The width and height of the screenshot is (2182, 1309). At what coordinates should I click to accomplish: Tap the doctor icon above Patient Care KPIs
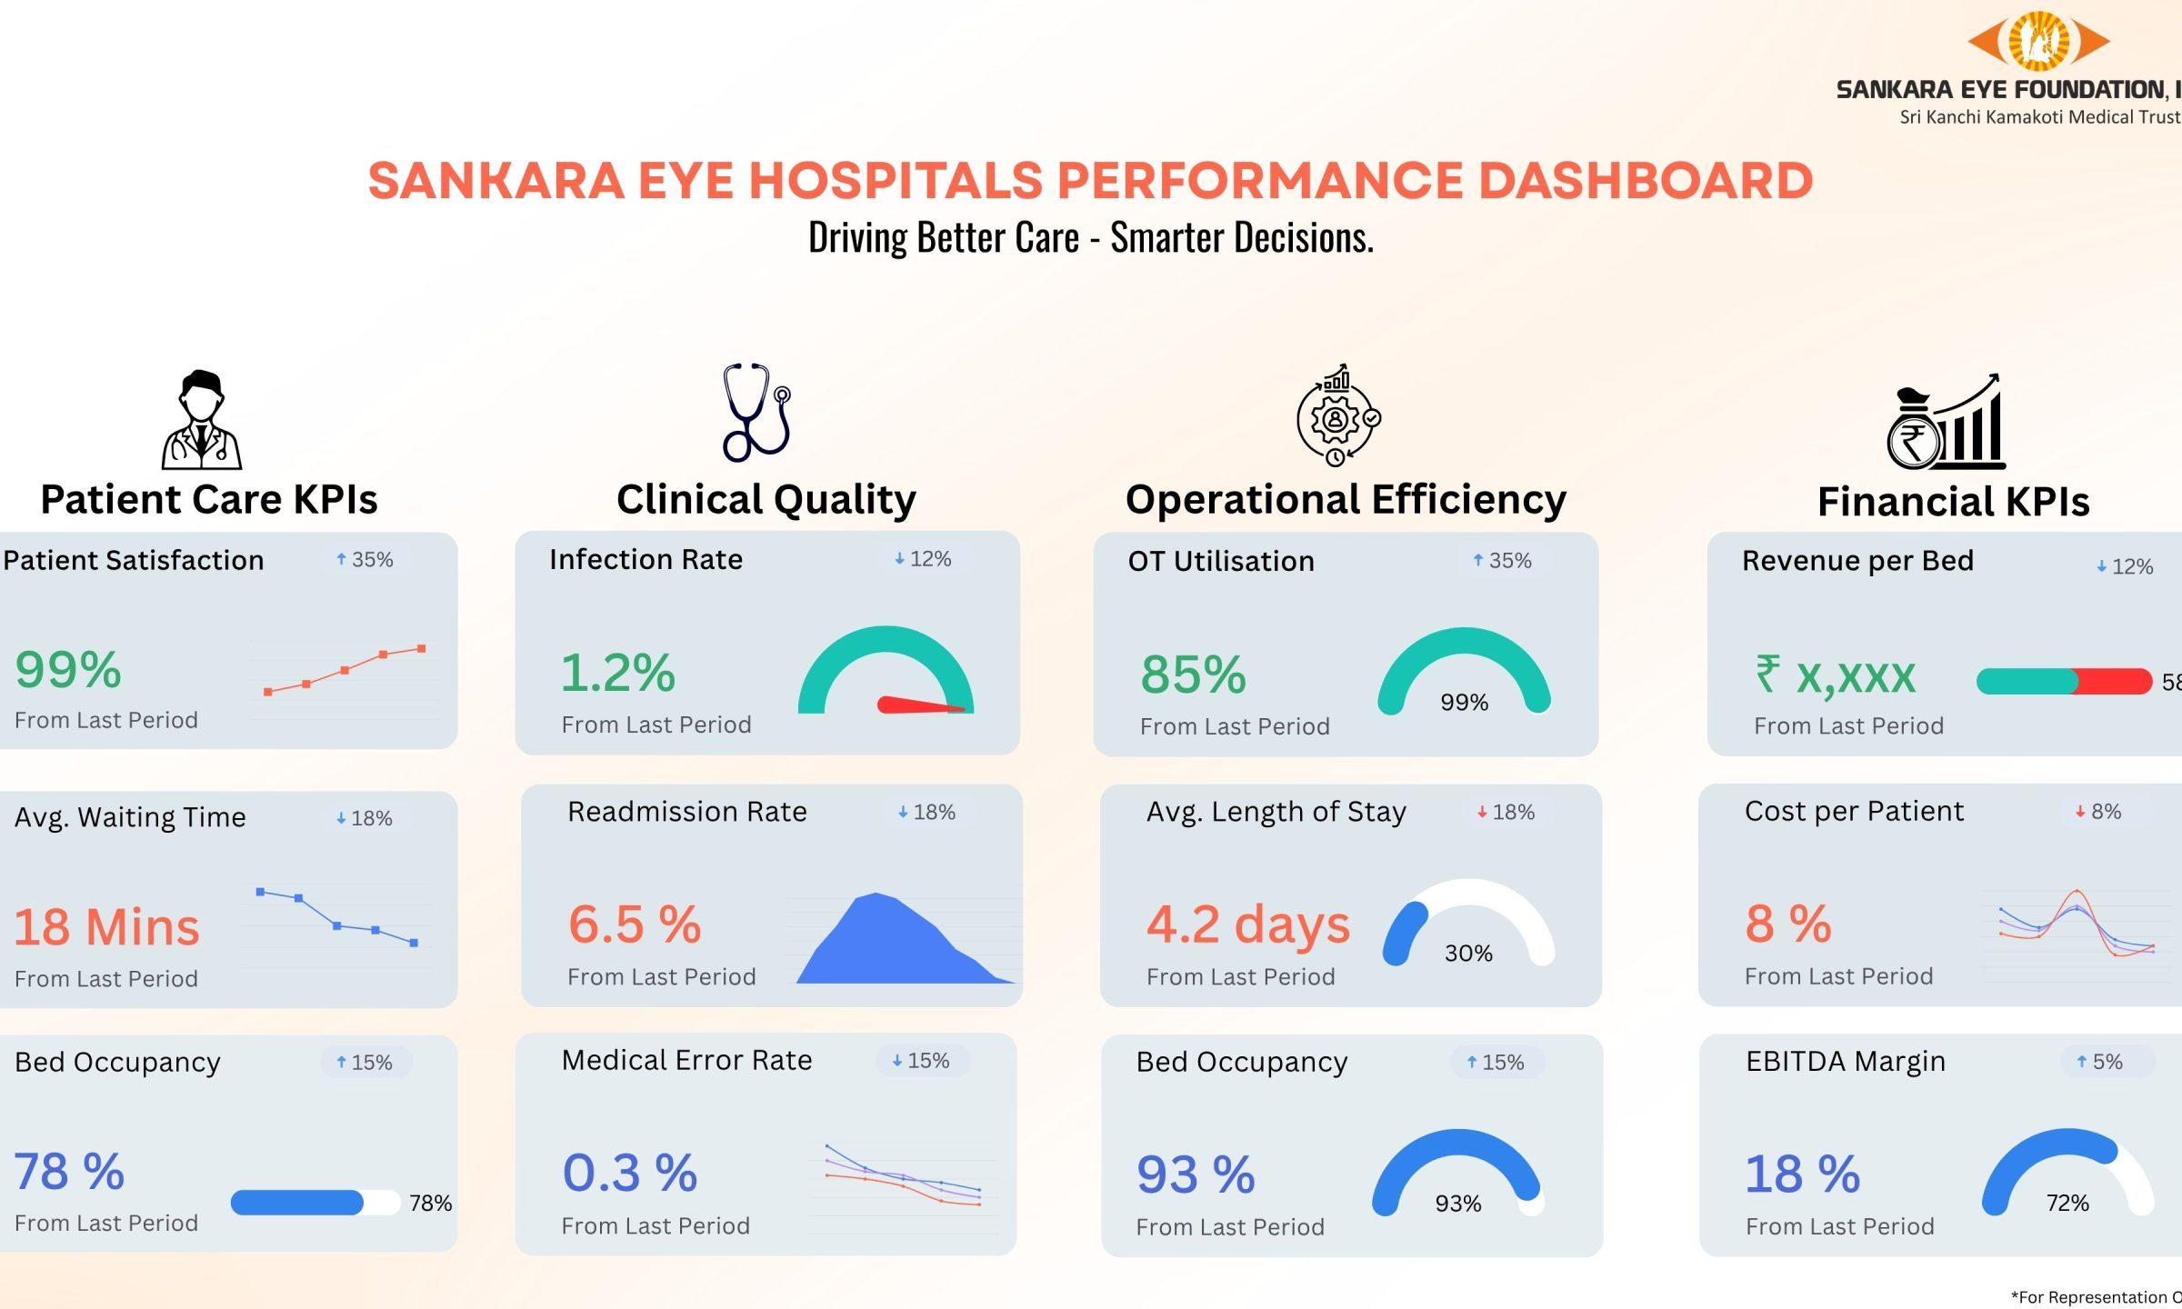tap(202, 419)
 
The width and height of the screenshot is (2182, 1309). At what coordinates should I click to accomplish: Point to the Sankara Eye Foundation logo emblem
tap(2038, 41)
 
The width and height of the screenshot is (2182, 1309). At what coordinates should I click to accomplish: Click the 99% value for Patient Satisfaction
tap(68, 670)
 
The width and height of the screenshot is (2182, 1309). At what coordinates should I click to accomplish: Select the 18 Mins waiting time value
tap(106, 927)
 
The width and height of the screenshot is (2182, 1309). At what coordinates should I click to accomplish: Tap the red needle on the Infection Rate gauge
tap(921, 704)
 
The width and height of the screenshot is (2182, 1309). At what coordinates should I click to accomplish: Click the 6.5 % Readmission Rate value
tap(635, 924)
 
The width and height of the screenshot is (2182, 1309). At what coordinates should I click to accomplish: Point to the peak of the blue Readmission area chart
tap(876, 894)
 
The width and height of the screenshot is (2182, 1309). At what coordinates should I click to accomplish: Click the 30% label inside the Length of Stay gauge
tap(1468, 953)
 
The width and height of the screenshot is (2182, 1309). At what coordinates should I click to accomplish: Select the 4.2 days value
tap(1248, 925)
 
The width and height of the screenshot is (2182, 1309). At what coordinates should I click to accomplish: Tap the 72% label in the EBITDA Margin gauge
tap(2067, 1203)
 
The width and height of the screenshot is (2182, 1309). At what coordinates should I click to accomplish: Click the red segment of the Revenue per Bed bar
tap(2113, 681)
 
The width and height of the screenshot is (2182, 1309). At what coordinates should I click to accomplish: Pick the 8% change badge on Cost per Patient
tap(2098, 811)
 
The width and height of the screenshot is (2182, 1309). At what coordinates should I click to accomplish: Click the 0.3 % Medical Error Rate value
tap(630, 1173)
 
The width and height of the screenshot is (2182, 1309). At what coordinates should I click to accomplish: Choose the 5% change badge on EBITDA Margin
tap(2099, 1061)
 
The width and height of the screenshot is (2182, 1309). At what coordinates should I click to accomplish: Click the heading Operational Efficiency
tap(1346, 499)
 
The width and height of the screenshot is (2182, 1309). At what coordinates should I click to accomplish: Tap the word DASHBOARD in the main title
tap(1646, 180)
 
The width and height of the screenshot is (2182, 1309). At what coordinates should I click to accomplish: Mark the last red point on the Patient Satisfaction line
tap(421, 649)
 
